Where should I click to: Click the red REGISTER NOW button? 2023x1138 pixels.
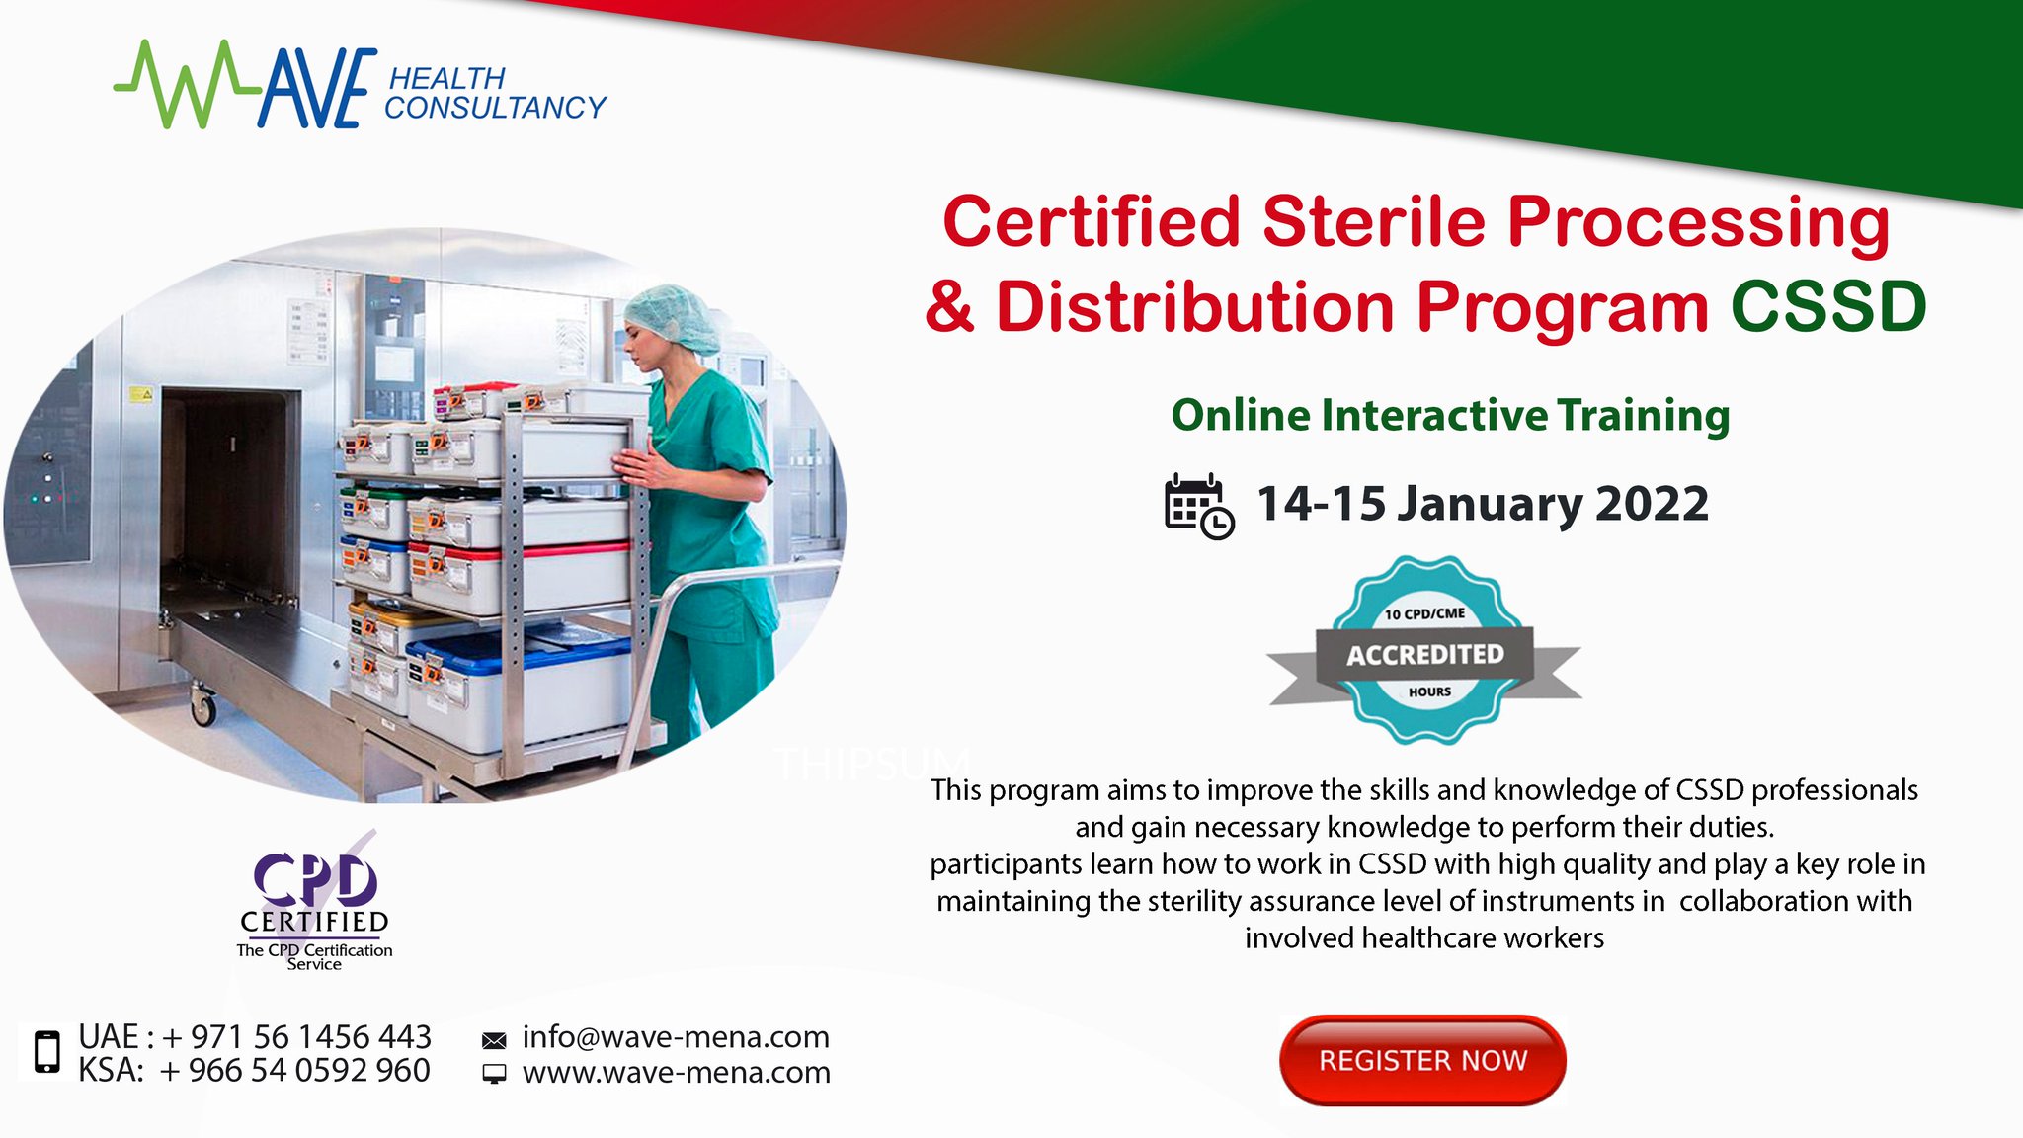tap(1422, 1060)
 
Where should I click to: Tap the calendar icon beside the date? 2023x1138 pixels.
tap(1198, 507)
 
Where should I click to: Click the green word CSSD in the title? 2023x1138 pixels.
tap(1827, 306)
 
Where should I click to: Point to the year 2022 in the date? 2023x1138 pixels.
tap(1652, 504)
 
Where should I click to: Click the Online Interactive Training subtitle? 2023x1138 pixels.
tap(1450, 415)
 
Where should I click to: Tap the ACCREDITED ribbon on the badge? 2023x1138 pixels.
tap(1424, 654)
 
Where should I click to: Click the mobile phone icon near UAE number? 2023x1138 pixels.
tap(46, 1051)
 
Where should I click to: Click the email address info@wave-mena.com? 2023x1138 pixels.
tap(676, 1037)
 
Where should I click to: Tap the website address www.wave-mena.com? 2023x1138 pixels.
tap(676, 1072)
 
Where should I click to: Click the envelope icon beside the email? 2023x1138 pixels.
tap(494, 1040)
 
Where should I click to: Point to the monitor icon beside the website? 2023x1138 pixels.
tap(494, 1074)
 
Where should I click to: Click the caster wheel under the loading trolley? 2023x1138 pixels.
tap(203, 708)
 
